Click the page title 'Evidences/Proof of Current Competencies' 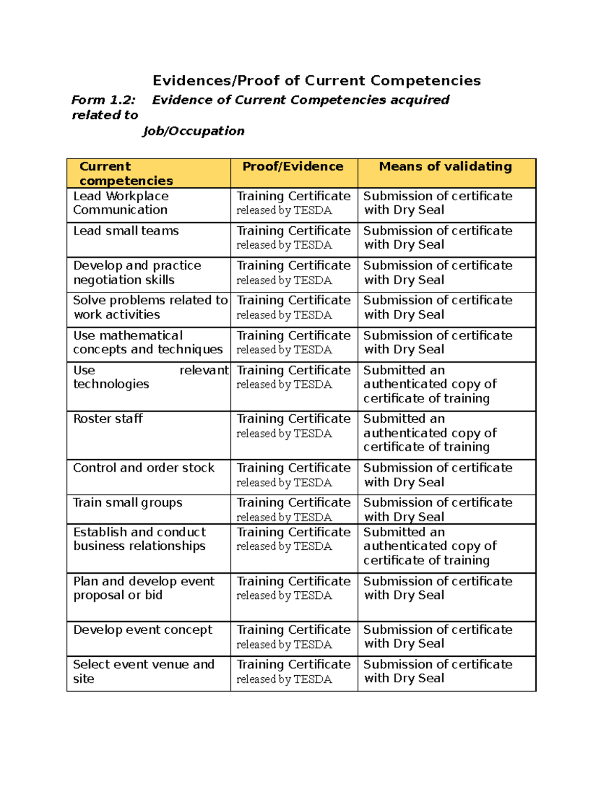(x=317, y=81)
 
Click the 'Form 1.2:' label (x=103, y=100)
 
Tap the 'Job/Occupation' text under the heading (x=193, y=131)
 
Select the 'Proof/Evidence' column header (x=293, y=166)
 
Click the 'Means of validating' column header (x=445, y=166)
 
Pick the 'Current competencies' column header (x=126, y=173)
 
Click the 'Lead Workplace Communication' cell (x=121, y=203)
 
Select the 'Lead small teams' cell (x=126, y=231)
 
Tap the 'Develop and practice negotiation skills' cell (x=137, y=272)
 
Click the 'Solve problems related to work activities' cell (x=149, y=307)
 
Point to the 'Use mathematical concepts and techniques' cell (x=147, y=342)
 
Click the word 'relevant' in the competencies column (x=204, y=370)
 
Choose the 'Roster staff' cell (x=108, y=419)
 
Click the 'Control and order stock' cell (x=144, y=468)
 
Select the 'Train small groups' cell (x=127, y=503)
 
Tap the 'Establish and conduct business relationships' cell (x=139, y=539)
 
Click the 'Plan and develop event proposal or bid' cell (x=143, y=588)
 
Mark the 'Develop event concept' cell (x=142, y=630)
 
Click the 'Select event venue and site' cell (x=143, y=671)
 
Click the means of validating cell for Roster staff (x=429, y=433)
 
